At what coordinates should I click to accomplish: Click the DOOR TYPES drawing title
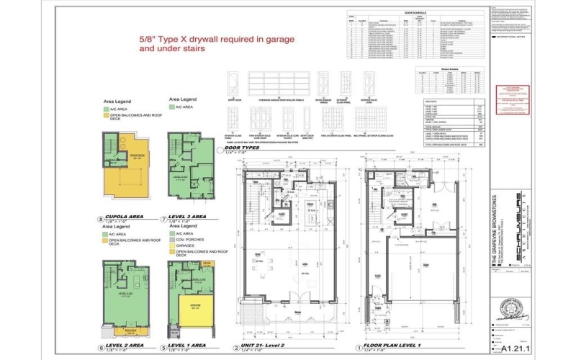pyautogui.click(x=243, y=148)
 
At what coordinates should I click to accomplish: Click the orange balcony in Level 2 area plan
pyautogui.click(x=129, y=332)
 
